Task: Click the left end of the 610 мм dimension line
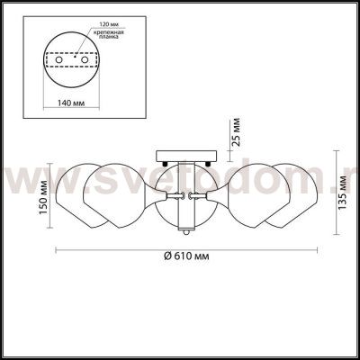[57, 247]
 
